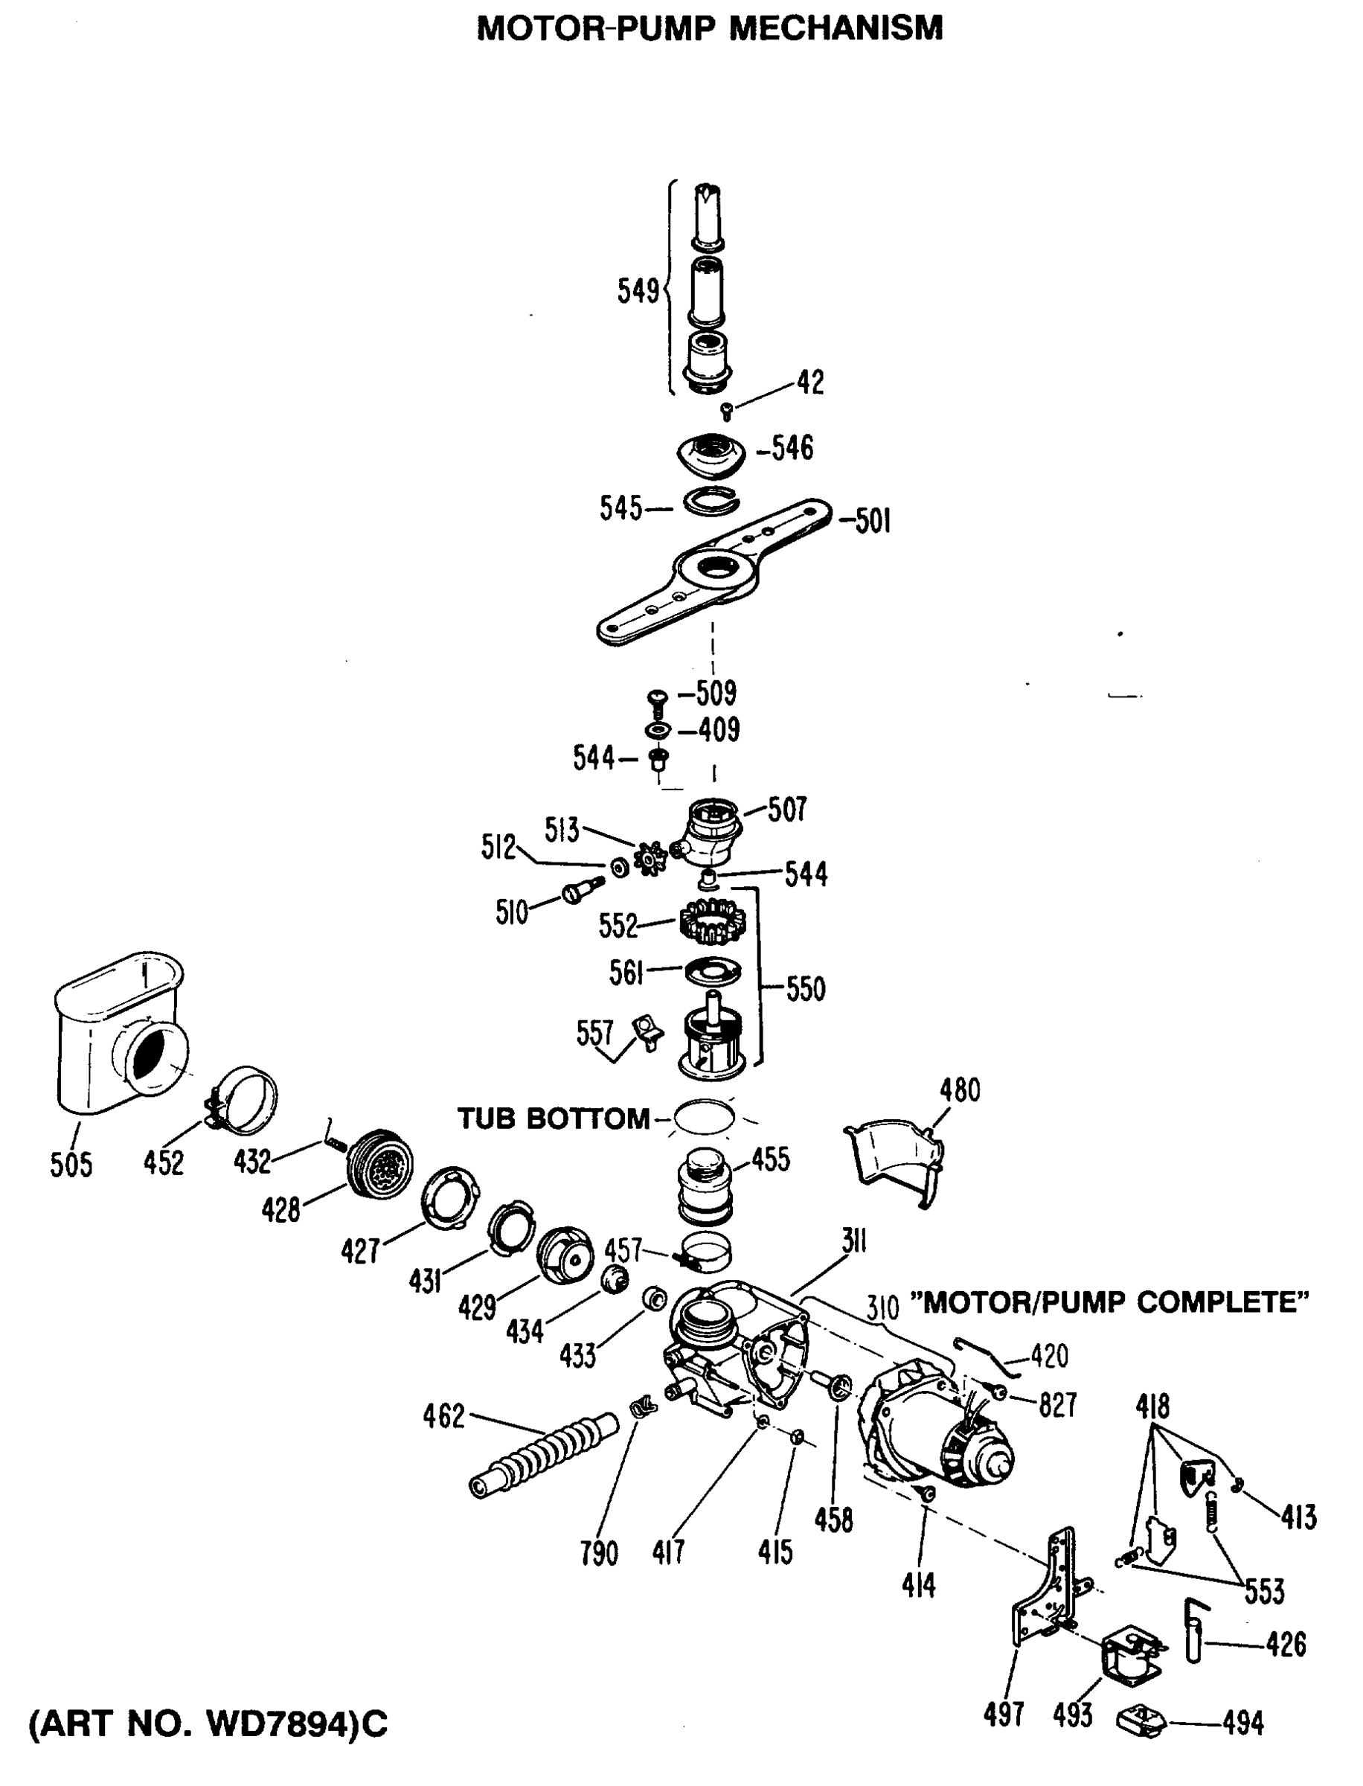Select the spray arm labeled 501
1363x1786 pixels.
[x=714, y=572]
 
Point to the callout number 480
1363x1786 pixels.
[x=960, y=1091]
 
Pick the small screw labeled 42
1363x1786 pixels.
[x=727, y=412]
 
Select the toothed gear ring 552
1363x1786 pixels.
[x=711, y=924]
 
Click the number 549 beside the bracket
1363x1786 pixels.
[x=638, y=290]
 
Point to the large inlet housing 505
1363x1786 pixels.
[x=122, y=1032]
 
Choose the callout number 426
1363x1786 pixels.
[x=1286, y=1645]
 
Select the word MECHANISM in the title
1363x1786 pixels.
[x=836, y=28]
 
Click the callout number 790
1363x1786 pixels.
[x=599, y=1553]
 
